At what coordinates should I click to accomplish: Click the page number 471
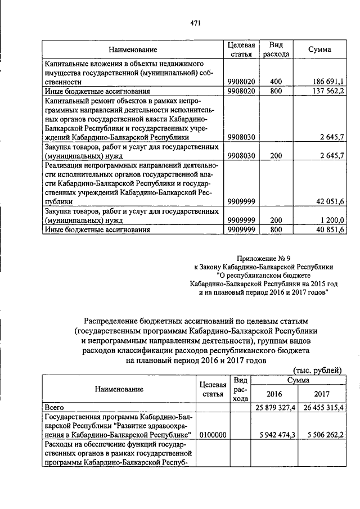[x=195, y=23]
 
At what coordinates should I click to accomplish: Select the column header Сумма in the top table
[x=319, y=49]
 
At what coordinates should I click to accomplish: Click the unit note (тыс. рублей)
[x=318, y=370]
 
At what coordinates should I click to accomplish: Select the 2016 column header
[x=274, y=394]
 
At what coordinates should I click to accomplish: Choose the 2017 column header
[x=322, y=394]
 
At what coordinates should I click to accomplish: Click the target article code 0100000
[x=213, y=435]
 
